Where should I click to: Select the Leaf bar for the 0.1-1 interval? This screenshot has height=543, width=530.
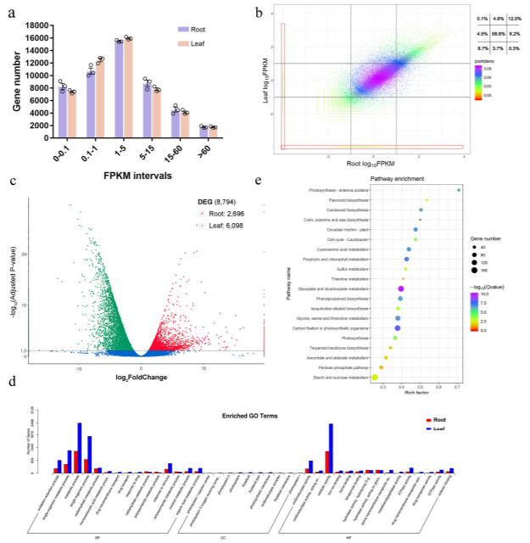(100, 98)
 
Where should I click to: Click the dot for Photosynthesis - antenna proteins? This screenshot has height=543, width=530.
(459, 190)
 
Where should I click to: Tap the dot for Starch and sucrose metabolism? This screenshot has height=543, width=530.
(375, 376)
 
